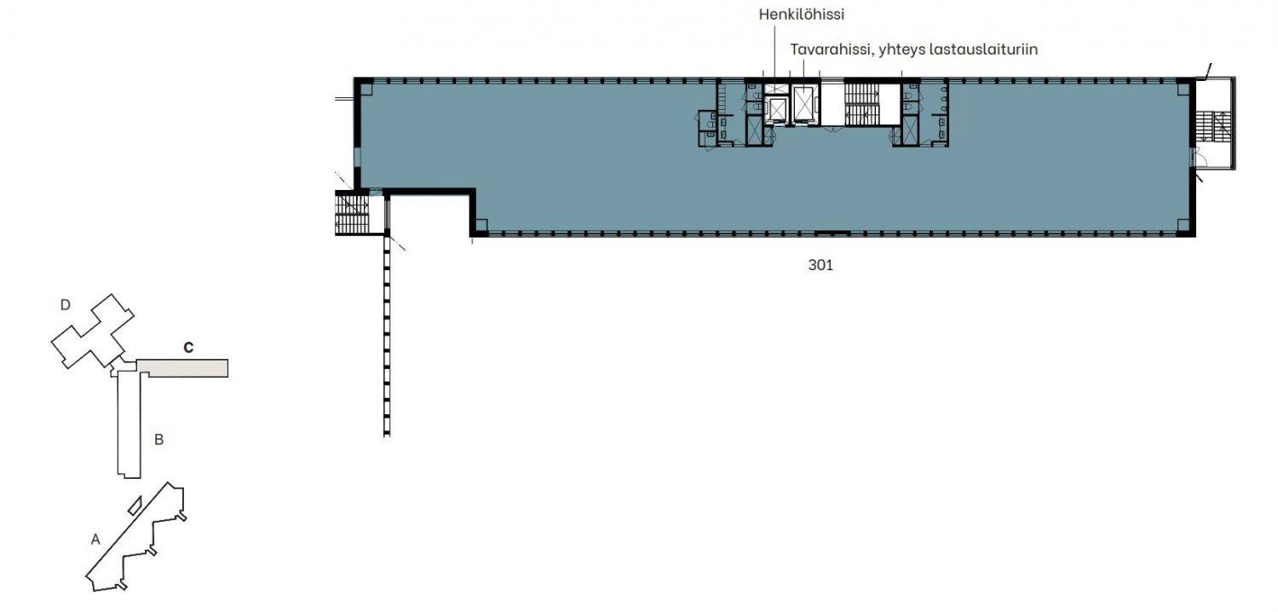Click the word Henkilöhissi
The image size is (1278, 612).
pyautogui.click(x=801, y=14)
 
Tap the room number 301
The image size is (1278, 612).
pyautogui.click(x=820, y=265)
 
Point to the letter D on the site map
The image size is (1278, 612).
pyautogui.click(x=66, y=305)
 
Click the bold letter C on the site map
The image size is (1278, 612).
pyautogui.click(x=188, y=347)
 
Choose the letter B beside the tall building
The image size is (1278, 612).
pyautogui.click(x=159, y=440)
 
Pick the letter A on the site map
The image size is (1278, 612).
pyautogui.click(x=95, y=539)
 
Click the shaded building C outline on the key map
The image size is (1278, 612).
pyautogui.click(x=182, y=368)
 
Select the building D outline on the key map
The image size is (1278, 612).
pyautogui.click(x=91, y=331)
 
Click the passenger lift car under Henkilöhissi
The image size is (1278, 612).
pyautogui.click(x=776, y=111)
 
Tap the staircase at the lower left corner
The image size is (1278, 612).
pyautogui.click(x=352, y=213)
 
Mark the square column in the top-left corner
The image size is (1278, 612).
pyautogui.click(x=366, y=89)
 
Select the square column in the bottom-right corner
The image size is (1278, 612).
pyautogui.click(x=1183, y=225)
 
